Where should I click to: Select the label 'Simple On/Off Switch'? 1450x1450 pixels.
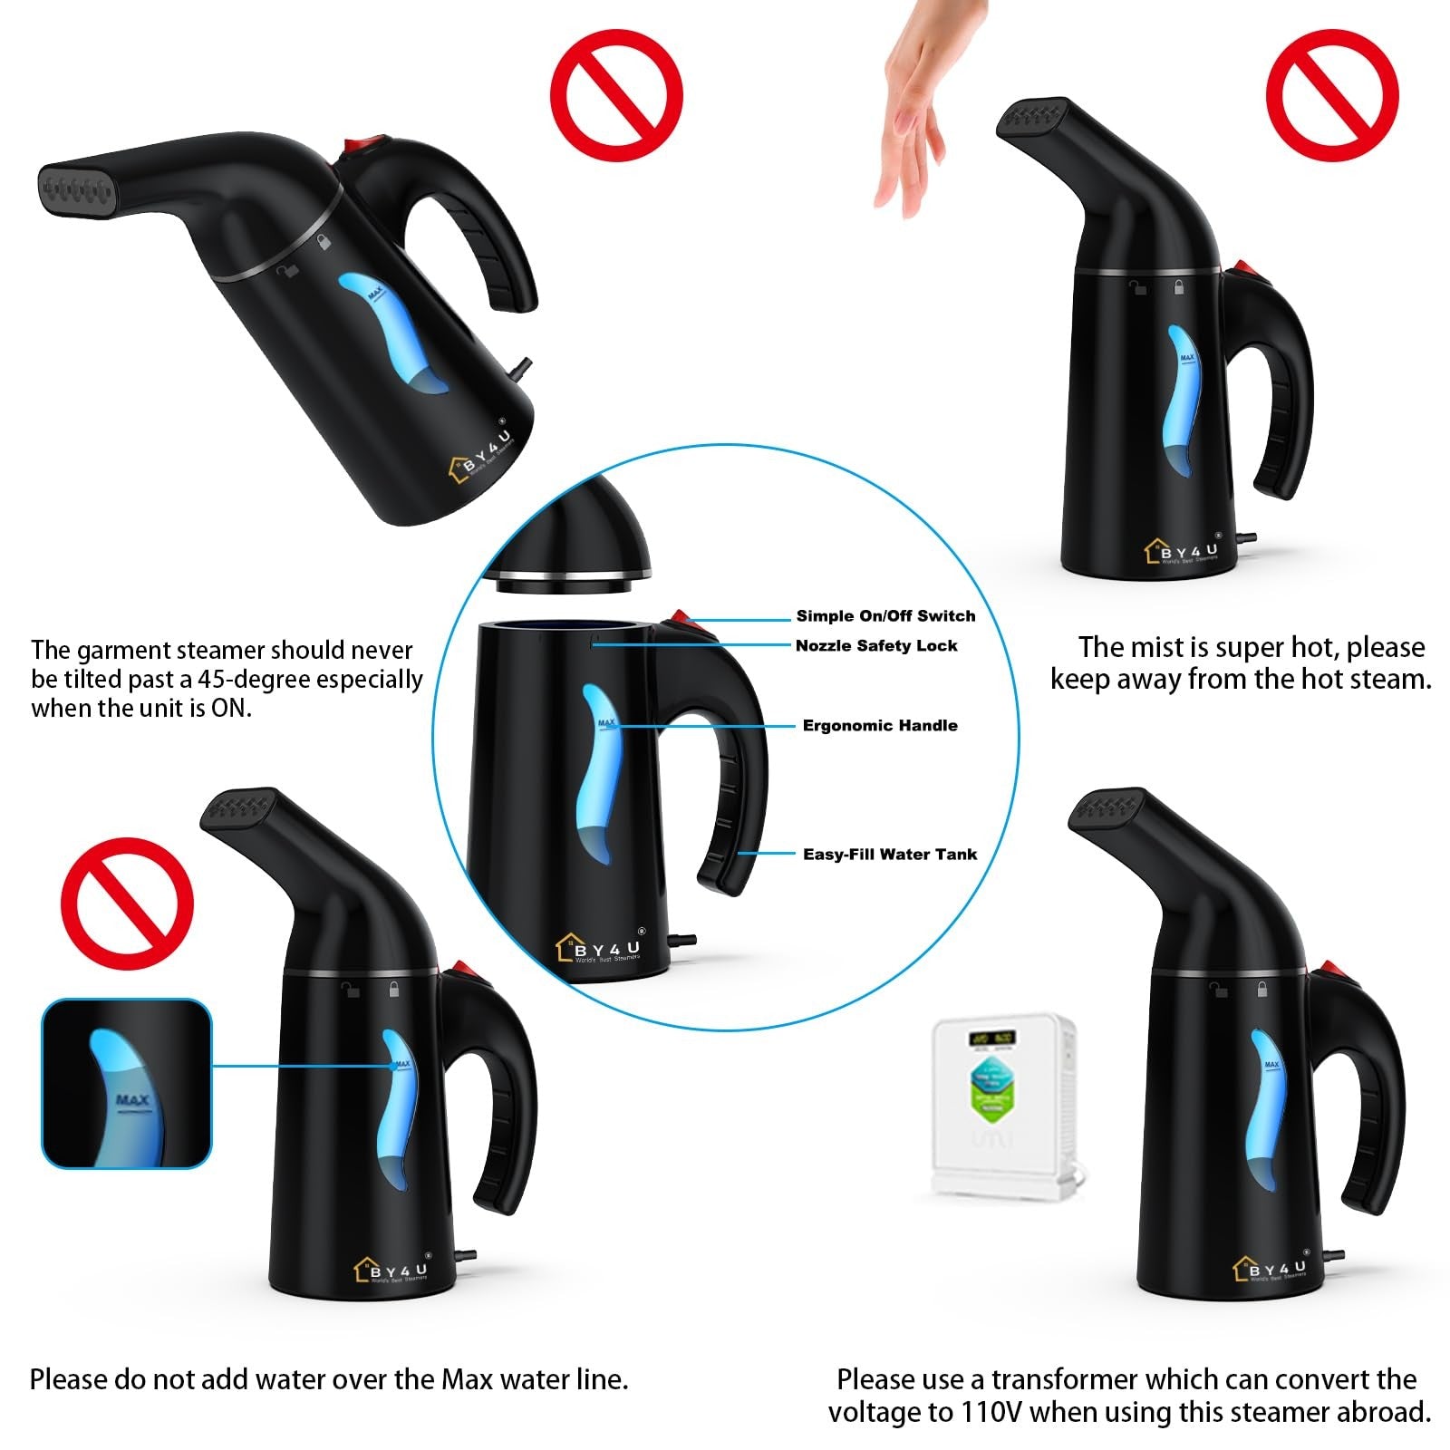pyautogui.click(x=885, y=616)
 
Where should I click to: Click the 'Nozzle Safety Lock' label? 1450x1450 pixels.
pyautogui.click(x=876, y=646)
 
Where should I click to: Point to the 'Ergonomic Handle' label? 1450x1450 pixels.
pyautogui.click(x=880, y=726)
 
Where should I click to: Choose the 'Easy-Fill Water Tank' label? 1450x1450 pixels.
pyautogui.click(x=890, y=855)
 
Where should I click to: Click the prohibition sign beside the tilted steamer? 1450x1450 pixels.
pyautogui.click(x=616, y=95)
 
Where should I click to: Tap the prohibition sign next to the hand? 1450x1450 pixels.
pyautogui.click(x=1332, y=95)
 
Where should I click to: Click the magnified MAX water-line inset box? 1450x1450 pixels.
pyautogui.click(x=127, y=1084)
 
